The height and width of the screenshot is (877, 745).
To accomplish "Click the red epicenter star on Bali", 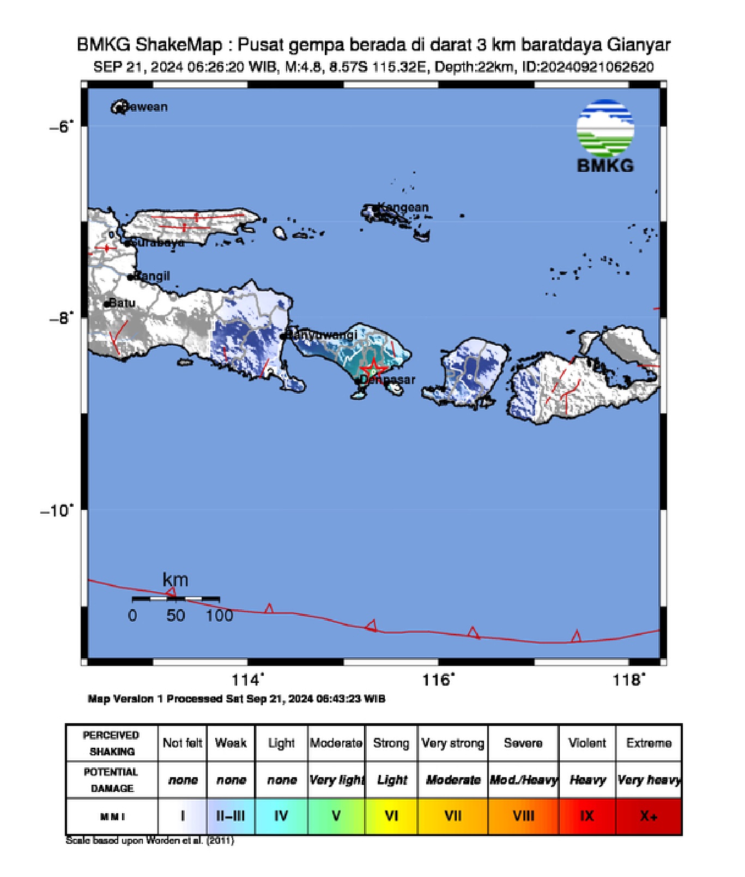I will click(373, 368).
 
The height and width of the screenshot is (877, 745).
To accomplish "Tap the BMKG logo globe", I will click(605, 128).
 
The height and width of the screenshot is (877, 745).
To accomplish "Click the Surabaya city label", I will click(159, 243).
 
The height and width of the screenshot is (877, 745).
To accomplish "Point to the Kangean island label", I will click(403, 207).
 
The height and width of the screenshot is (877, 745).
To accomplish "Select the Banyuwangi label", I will click(323, 334).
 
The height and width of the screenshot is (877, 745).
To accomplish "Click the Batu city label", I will click(122, 303).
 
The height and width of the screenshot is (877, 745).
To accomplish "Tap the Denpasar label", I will click(388, 380).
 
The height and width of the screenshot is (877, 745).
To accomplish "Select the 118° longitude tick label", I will click(628, 680).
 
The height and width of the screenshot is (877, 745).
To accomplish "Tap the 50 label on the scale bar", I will click(175, 616).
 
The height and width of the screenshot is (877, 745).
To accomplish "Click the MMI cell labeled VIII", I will click(523, 816).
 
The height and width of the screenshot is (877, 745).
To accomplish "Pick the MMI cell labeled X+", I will click(649, 816).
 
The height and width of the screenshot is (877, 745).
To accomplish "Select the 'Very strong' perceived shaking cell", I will click(453, 743).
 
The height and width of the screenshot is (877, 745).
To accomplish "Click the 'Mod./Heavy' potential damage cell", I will click(523, 780).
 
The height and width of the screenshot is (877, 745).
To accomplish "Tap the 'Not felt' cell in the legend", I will click(183, 743).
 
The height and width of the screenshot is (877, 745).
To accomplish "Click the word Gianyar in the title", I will click(639, 45).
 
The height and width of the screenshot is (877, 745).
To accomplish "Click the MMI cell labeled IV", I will click(281, 816).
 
